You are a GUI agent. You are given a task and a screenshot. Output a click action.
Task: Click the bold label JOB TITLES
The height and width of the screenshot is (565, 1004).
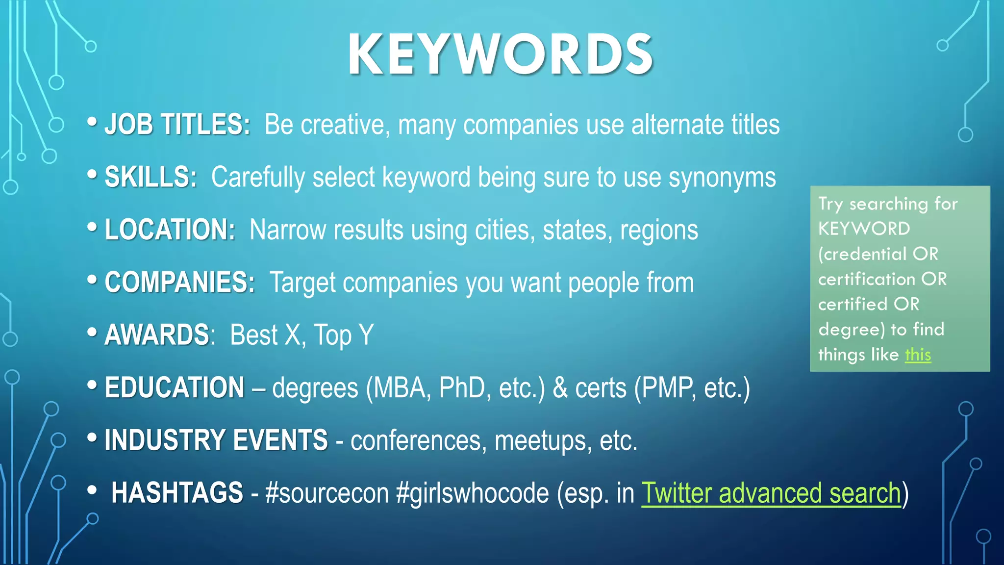(x=176, y=124)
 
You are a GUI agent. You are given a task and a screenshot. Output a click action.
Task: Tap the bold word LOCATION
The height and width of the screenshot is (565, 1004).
(x=170, y=230)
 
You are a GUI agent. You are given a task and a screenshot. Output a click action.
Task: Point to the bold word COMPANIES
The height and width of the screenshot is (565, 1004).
(x=179, y=282)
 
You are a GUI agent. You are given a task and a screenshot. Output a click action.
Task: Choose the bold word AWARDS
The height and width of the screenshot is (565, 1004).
(x=157, y=335)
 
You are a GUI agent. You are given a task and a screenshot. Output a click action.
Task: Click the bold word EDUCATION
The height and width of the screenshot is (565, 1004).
(x=174, y=387)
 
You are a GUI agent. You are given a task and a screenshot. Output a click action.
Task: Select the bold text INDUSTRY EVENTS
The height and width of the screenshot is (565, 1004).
(x=216, y=440)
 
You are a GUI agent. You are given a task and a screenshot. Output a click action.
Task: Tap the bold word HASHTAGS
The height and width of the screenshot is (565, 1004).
(x=177, y=492)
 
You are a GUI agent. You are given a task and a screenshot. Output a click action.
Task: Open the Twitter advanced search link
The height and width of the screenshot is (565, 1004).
(x=771, y=493)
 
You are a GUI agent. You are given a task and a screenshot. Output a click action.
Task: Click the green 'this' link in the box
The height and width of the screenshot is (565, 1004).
(x=918, y=354)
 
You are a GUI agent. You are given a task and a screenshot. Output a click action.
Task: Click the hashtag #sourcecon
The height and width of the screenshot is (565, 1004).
(x=326, y=493)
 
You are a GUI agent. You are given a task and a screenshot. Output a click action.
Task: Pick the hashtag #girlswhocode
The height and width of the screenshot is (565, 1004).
(x=472, y=493)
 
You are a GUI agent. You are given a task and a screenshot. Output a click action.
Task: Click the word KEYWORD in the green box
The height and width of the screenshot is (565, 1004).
(x=864, y=229)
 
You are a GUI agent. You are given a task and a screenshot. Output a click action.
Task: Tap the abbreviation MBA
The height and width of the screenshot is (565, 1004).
(x=401, y=388)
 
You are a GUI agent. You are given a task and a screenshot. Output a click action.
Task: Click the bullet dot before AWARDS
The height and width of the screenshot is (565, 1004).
(x=92, y=332)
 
